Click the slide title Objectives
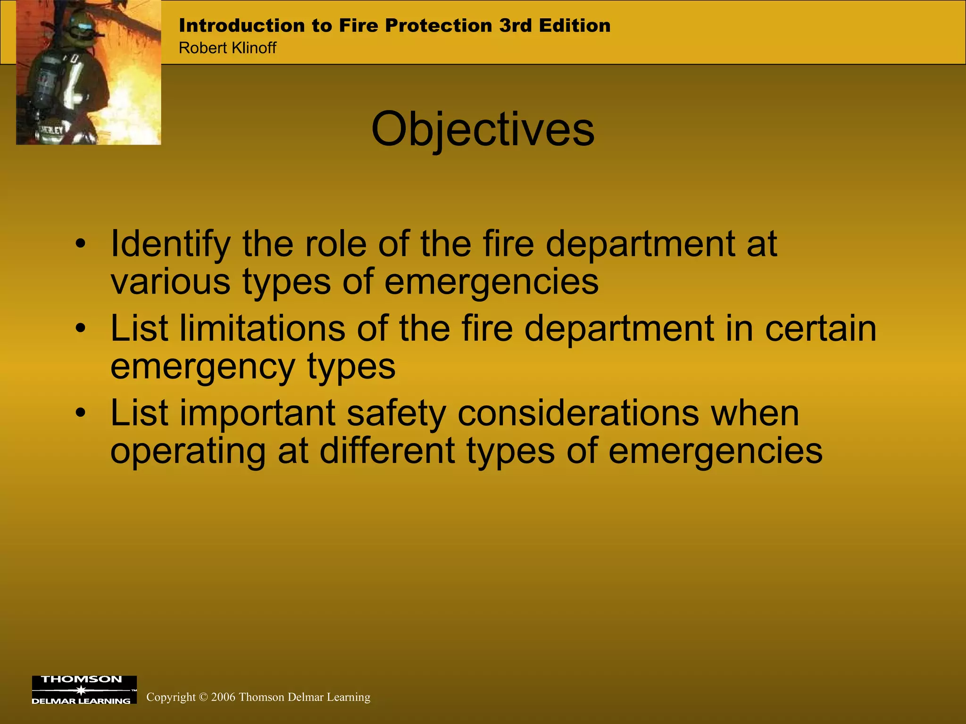tap(483, 130)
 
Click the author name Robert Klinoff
tap(227, 48)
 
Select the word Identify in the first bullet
tap(170, 245)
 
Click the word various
tap(170, 282)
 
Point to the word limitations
tap(262, 329)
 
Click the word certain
tap(820, 329)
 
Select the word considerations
tap(578, 413)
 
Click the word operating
tap(188, 452)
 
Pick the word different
tap(387, 451)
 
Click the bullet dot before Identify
tap(81, 244)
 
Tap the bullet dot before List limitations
tap(81, 329)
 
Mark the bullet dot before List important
tap(81, 413)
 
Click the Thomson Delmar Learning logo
tap(84, 690)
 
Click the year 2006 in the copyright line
tap(223, 697)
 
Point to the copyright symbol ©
tap(203, 697)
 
